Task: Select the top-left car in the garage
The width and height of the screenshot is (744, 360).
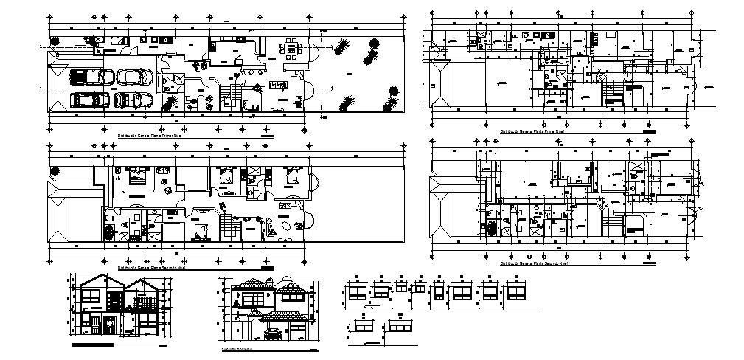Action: [x=86, y=77]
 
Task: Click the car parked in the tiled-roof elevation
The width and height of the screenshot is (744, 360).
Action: [x=272, y=333]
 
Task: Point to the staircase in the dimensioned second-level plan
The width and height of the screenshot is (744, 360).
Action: [x=609, y=218]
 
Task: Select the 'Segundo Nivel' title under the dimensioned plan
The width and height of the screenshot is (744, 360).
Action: [x=533, y=263]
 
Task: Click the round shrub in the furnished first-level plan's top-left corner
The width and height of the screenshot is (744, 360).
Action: [x=54, y=43]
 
